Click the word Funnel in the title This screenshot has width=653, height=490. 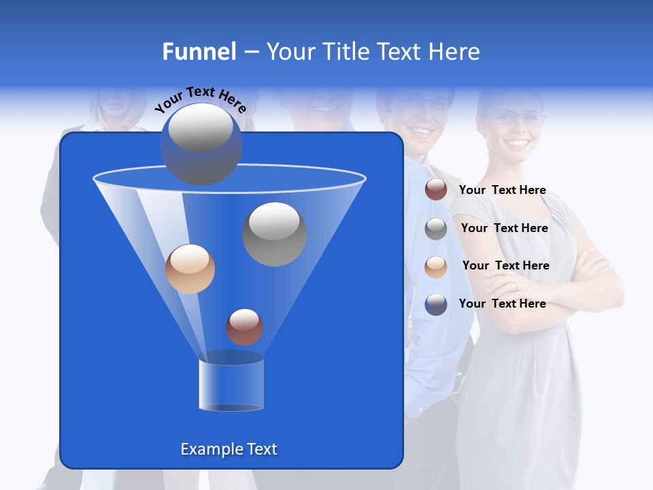(x=199, y=52)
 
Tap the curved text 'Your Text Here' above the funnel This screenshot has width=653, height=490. (x=201, y=99)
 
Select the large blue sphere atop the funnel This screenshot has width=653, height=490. (x=201, y=144)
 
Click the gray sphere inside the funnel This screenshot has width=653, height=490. (x=274, y=233)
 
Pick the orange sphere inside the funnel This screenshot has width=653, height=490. (x=190, y=269)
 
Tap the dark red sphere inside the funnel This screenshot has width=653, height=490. (x=244, y=327)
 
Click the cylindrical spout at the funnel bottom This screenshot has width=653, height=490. (x=231, y=385)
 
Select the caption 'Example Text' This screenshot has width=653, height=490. (x=229, y=449)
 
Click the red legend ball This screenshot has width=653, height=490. (x=436, y=190)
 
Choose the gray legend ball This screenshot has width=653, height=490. (x=436, y=229)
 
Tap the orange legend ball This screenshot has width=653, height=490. (x=436, y=266)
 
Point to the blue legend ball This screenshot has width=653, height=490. (x=436, y=304)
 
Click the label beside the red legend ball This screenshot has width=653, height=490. (x=502, y=190)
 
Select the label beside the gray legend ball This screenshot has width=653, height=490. (x=504, y=228)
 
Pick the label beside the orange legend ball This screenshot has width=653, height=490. (x=505, y=265)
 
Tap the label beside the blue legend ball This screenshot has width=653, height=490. (x=502, y=304)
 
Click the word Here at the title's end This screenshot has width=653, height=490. (x=455, y=52)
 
